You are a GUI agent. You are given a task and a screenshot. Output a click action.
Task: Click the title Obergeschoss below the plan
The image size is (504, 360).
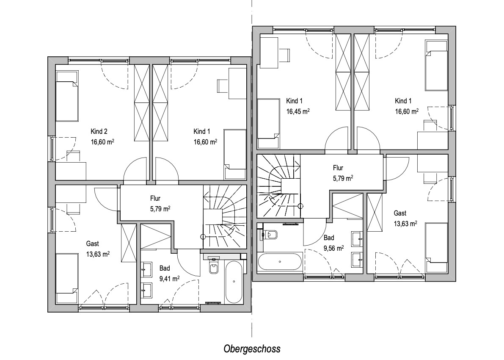pyautogui.click(x=252, y=349)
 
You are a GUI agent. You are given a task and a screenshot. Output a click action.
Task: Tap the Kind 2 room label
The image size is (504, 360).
pyautogui.click(x=99, y=131)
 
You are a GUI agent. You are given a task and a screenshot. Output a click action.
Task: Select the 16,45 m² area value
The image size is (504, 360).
pyautogui.click(x=298, y=111)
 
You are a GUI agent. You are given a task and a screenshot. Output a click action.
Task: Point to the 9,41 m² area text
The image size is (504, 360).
pyautogui.click(x=169, y=279)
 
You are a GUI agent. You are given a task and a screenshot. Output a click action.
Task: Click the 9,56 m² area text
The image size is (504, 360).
pyautogui.click(x=333, y=248)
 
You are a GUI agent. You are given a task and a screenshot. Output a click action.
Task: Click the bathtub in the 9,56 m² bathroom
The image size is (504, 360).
pyautogui.click(x=280, y=262)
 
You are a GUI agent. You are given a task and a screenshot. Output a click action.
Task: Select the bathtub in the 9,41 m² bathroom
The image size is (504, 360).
pyautogui.click(x=234, y=282)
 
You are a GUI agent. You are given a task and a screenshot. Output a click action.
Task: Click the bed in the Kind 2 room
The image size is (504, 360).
pyautogui.click(x=67, y=96)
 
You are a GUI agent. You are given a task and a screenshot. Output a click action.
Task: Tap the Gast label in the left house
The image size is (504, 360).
pyautogui.click(x=92, y=244)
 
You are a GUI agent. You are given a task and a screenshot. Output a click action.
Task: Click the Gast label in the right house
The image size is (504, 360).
pyautogui.click(x=400, y=213)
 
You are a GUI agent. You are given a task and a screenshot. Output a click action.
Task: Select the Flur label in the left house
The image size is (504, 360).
pyautogui.click(x=155, y=198)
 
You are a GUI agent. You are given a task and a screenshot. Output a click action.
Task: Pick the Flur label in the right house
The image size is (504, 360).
pyautogui.click(x=338, y=168)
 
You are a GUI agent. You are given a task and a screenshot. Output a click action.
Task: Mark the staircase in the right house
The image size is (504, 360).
pyautogui.click(x=279, y=186)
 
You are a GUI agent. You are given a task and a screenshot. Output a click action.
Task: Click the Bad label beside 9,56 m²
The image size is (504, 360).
pyautogui.click(x=329, y=238)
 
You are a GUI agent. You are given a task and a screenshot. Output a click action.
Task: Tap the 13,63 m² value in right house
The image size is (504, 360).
pyautogui.click(x=405, y=223)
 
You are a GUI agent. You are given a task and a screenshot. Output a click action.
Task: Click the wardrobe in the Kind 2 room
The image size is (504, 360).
pyautogui.click(x=142, y=103)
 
